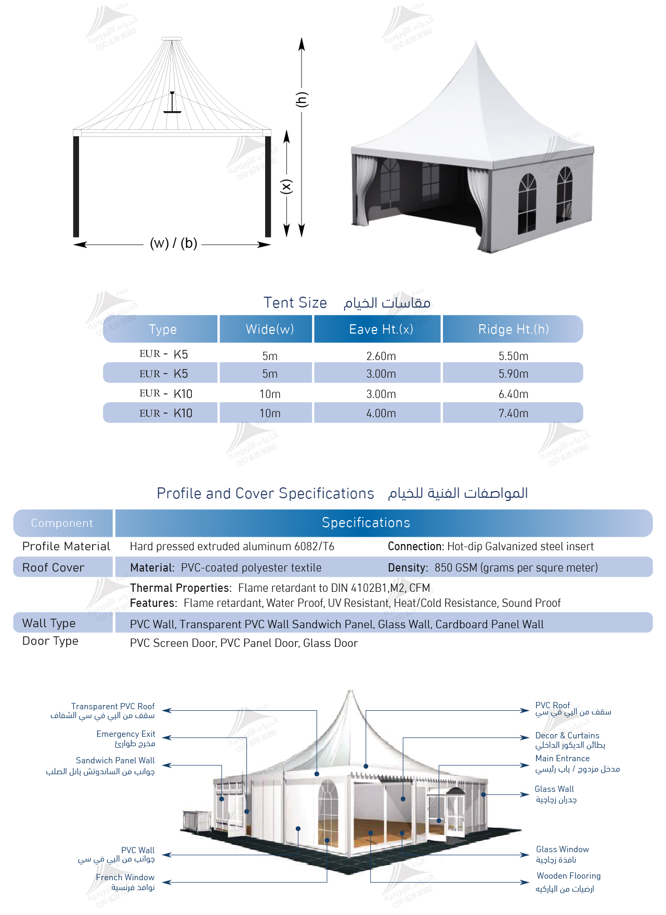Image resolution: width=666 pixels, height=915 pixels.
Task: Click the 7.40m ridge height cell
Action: (513, 414)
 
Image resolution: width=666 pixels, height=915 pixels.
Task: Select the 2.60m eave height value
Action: (381, 356)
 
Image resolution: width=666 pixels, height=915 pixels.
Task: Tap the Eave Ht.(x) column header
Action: (381, 329)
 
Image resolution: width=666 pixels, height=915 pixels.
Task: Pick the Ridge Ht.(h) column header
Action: (513, 329)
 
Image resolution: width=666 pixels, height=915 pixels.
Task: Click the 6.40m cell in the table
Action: (513, 394)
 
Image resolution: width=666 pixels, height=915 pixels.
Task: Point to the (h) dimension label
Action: (302, 99)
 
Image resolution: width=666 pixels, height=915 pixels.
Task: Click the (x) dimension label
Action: (286, 186)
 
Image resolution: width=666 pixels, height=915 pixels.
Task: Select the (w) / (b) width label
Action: (173, 243)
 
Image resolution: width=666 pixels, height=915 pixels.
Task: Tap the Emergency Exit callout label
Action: (125, 734)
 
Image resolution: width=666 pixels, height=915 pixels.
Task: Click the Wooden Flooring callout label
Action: (568, 876)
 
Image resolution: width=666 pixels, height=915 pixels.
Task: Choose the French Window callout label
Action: (125, 878)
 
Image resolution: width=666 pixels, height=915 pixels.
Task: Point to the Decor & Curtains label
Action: (567, 736)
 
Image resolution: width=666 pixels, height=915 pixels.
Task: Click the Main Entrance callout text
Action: (563, 759)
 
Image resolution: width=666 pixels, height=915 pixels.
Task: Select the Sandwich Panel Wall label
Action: (115, 761)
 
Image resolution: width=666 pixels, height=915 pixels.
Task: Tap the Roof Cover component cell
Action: (53, 568)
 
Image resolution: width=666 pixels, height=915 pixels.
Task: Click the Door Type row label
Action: (50, 641)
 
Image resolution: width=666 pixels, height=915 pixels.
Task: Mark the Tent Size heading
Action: (295, 302)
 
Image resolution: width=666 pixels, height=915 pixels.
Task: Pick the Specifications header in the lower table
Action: (366, 523)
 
